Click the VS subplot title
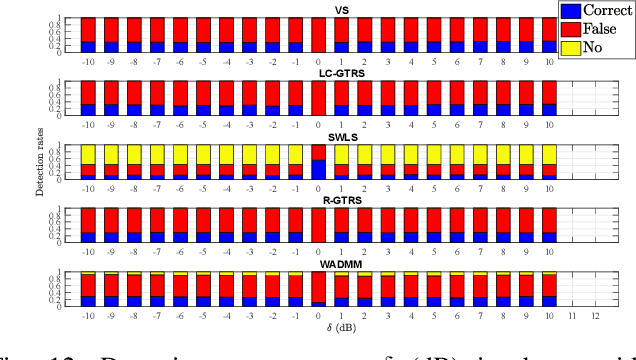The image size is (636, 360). click(x=319, y=11)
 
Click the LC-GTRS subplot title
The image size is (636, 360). click(x=319, y=74)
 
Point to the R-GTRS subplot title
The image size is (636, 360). click(x=319, y=201)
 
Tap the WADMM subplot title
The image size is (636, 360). click(x=319, y=264)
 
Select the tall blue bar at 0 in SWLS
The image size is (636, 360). click(x=319, y=169)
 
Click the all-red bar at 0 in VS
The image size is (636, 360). click(x=319, y=34)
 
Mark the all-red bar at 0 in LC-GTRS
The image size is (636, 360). click(x=319, y=97)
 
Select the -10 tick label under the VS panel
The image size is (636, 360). click(x=89, y=60)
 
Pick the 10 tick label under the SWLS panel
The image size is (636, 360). click(x=549, y=187)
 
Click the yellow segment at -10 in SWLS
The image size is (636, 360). click(x=89, y=153)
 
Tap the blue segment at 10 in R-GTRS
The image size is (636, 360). click(x=549, y=237)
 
